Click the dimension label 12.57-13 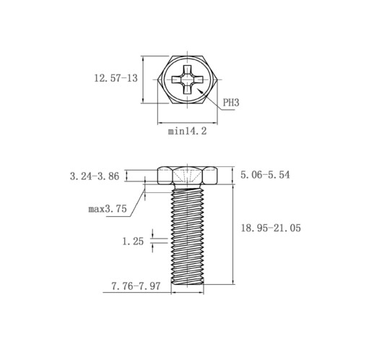pos(116,78)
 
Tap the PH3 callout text pos(231,103)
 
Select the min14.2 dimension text pos(187,132)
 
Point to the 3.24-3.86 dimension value pos(95,176)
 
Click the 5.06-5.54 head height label pos(265,175)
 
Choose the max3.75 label pos(108,209)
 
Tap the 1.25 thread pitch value pos(133,241)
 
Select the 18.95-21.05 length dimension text pos(271,228)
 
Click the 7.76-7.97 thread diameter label pos(136,286)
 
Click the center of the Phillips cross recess pos(188,80)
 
